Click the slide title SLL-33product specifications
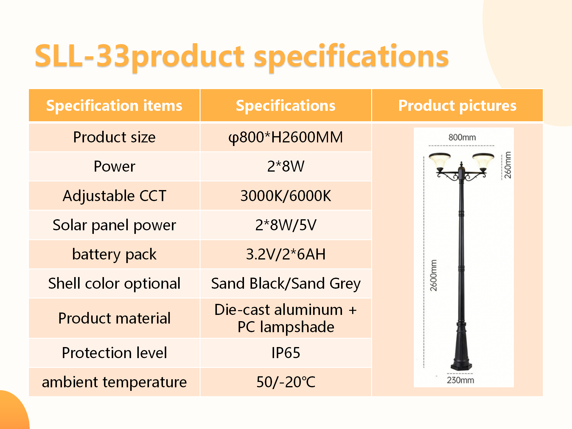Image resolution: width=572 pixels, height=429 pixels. [242, 56]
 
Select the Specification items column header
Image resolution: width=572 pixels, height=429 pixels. [114, 106]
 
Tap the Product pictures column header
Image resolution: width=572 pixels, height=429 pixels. [457, 106]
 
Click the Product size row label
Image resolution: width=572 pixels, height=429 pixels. [114, 137]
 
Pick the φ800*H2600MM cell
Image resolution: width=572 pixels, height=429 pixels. [286, 137]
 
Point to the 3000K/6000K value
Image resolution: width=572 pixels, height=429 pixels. [286, 196]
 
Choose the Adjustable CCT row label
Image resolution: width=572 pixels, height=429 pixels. [114, 196]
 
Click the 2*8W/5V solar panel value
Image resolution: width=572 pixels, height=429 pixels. [286, 225]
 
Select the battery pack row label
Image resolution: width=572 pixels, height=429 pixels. [114, 254]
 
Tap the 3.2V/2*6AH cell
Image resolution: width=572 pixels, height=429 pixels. [286, 254]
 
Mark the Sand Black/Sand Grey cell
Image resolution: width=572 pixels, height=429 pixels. [286, 283]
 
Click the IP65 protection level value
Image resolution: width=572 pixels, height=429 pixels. [286, 353]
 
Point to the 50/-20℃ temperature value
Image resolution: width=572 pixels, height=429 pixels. [286, 382]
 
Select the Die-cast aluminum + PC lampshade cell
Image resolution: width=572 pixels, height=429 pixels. [286, 318]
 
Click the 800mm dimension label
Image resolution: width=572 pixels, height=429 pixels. [462, 137]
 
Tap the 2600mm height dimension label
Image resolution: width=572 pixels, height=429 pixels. [433, 276]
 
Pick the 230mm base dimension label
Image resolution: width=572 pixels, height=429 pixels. [460, 380]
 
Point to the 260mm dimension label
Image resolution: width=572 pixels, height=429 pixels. [508, 165]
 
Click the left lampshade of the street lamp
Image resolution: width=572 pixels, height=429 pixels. [440, 161]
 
